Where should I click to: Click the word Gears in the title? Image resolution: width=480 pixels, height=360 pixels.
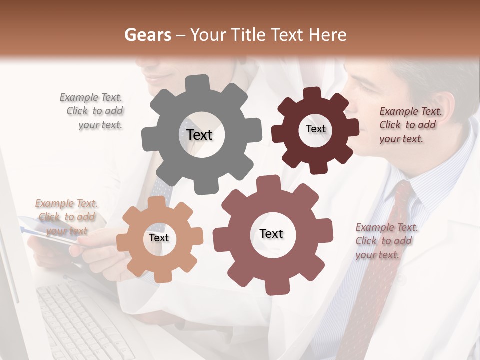pyautogui.click(x=147, y=35)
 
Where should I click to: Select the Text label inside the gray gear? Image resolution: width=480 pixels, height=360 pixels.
pyautogui.click(x=199, y=135)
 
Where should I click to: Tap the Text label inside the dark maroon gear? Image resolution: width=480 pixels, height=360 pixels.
pyautogui.click(x=315, y=129)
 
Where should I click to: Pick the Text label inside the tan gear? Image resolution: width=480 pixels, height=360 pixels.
pyautogui.click(x=159, y=238)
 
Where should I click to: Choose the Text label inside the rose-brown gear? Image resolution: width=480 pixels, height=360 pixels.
pyautogui.click(x=271, y=234)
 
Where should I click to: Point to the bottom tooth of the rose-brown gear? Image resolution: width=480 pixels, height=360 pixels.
pyautogui.click(x=273, y=287)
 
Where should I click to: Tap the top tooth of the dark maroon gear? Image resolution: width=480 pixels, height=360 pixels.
pyautogui.click(x=312, y=94)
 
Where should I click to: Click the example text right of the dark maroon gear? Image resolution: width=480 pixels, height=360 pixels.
pyautogui.click(x=409, y=125)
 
